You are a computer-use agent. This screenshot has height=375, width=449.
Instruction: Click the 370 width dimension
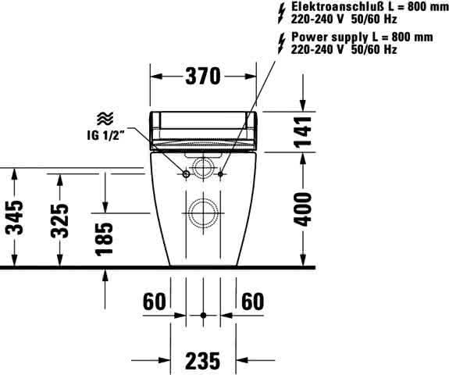pos(203,77)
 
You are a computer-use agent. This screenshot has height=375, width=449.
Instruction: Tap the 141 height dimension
pos(304,132)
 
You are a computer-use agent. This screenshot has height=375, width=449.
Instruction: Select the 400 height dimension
pos(303,209)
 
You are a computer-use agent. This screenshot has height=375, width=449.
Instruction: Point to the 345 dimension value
pos(15,218)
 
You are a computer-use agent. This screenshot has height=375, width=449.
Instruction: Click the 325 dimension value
pos(60,220)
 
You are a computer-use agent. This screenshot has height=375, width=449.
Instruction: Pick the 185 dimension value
pos(105,239)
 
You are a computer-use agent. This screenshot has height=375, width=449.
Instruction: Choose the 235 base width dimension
pos(203,361)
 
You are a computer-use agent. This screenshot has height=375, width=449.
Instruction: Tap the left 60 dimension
pos(155,301)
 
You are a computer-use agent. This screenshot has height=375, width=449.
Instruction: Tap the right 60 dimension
pos(253,301)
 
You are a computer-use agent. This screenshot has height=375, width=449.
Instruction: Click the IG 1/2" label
pos(106,135)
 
